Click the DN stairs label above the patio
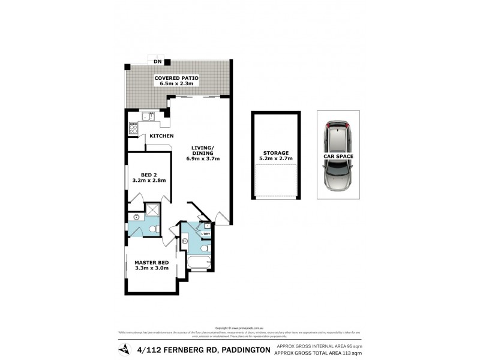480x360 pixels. tap(158, 62)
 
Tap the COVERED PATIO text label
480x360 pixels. tap(176, 78)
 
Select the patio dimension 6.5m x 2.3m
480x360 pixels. tap(176, 84)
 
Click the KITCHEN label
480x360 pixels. tap(161, 136)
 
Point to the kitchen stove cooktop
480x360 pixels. tap(133, 127)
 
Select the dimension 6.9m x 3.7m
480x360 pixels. tap(206, 159)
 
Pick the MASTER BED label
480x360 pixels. tap(151, 262)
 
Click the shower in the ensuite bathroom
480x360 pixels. tap(152, 210)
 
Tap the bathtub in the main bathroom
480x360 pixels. tap(199, 263)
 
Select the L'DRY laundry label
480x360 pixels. tap(205, 233)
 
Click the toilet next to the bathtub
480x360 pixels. tap(205, 248)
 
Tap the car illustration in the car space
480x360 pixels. tap(338, 155)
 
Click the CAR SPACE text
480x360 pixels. tap(338, 156)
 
